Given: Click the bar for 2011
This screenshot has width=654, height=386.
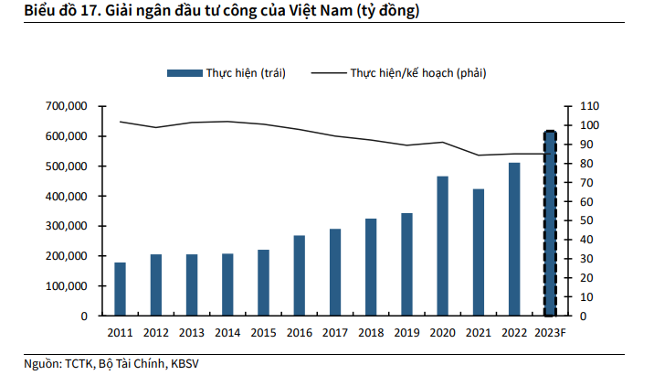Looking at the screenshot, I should point(121,289).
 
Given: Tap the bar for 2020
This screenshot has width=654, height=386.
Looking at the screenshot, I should point(442,246).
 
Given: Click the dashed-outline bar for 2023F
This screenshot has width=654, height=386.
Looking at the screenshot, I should point(550,224).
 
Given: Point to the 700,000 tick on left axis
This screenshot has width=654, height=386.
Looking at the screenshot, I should point(66,106).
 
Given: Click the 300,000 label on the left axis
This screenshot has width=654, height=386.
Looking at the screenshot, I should point(66,226).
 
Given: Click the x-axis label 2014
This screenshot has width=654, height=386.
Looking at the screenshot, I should point(227,333).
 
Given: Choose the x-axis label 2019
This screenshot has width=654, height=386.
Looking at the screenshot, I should point(406,333).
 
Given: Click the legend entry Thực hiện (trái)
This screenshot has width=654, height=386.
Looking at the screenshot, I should point(245,72).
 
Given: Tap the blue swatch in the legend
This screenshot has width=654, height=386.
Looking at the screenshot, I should point(185,72).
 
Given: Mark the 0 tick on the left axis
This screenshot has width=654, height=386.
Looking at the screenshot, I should point(83,316).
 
